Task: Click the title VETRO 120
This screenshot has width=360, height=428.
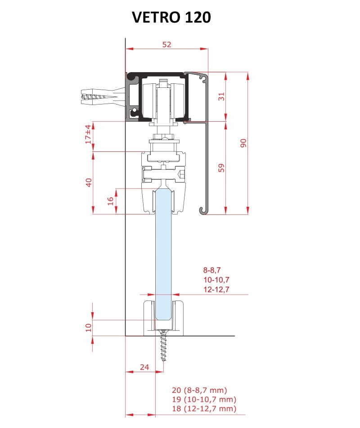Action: (171, 17)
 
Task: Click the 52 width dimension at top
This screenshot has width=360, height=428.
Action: (166, 44)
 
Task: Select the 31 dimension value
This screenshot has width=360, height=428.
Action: (222, 96)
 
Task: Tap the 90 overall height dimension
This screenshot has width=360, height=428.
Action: (243, 143)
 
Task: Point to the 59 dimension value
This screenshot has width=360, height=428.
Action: (222, 168)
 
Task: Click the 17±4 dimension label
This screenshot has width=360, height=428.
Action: (88, 134)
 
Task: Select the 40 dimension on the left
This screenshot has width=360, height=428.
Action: (89, 182)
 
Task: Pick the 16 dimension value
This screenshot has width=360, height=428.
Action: (110, 201)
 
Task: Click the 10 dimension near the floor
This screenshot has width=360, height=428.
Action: (88, 327)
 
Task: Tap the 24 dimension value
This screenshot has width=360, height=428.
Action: (144, 367)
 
